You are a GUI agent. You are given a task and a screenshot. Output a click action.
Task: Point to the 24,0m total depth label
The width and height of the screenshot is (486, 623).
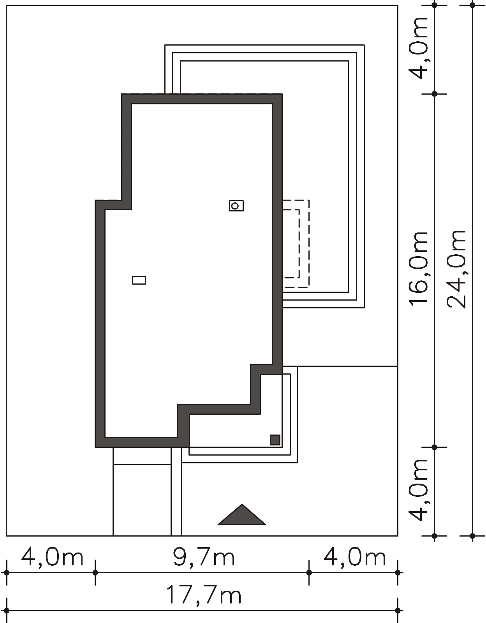(x=456, y=269)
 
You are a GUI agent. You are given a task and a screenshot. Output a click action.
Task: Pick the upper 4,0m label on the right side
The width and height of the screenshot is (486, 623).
(x=419, y=48)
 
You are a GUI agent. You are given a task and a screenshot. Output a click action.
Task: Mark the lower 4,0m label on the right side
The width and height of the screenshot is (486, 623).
(x=419, y=490)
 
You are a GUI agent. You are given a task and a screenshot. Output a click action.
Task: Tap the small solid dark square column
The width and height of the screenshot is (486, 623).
(x=275, y=440)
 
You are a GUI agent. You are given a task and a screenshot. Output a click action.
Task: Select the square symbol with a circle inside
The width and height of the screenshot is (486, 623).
(x=236, y=206)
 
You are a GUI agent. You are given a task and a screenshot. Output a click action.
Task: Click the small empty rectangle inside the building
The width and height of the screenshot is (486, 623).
(x=139, y=280)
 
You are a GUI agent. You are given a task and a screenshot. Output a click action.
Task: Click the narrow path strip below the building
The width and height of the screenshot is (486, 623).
(x=176, y=491)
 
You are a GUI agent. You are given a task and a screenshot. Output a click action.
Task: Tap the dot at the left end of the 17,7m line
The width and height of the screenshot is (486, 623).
(x=7, y=611)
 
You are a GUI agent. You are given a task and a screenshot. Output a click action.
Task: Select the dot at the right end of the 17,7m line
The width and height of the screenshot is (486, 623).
(x=398, y=611)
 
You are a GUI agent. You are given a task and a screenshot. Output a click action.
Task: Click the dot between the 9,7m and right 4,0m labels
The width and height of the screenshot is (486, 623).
(x=309, y=572)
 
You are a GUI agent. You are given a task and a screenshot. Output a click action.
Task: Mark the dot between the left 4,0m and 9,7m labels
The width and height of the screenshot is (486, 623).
(x=95, y=572)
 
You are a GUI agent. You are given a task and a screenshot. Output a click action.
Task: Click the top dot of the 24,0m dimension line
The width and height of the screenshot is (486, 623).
(x=472, y=5)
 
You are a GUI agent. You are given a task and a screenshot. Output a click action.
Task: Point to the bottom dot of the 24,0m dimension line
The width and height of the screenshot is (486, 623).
(x=472, y=535)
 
